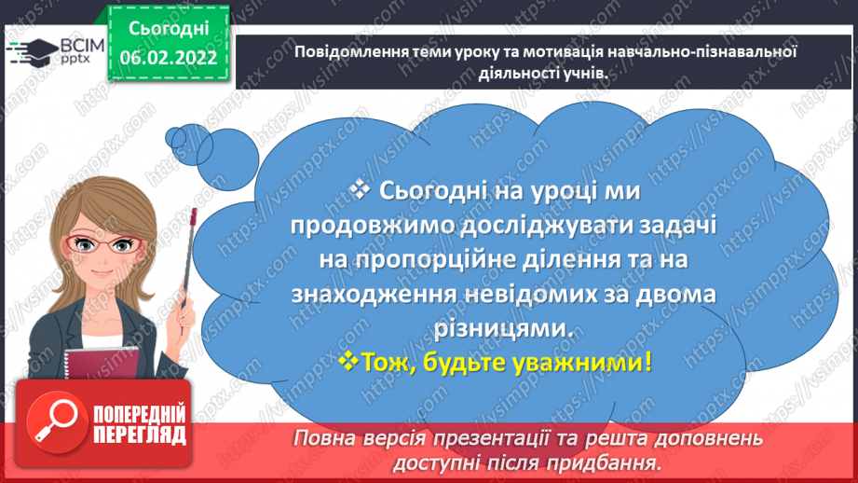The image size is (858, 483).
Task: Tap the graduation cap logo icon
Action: tap(30, 51)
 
